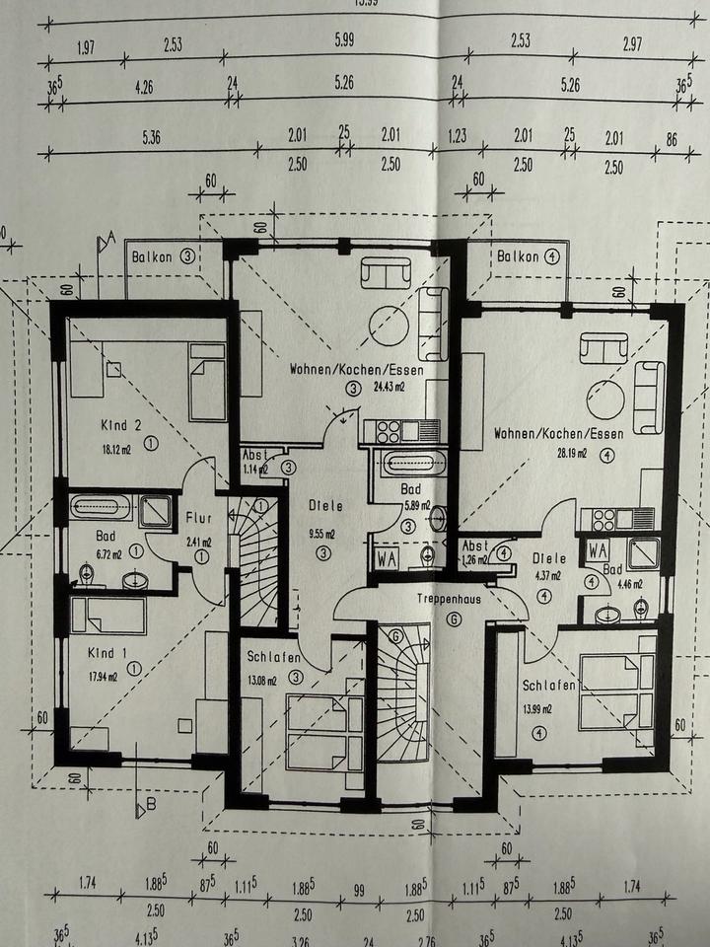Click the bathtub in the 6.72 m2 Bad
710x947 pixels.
click(x=102, y=508)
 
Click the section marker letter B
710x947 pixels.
click(x=151, y=805)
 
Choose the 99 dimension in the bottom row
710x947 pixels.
click(x=359, y=891)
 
